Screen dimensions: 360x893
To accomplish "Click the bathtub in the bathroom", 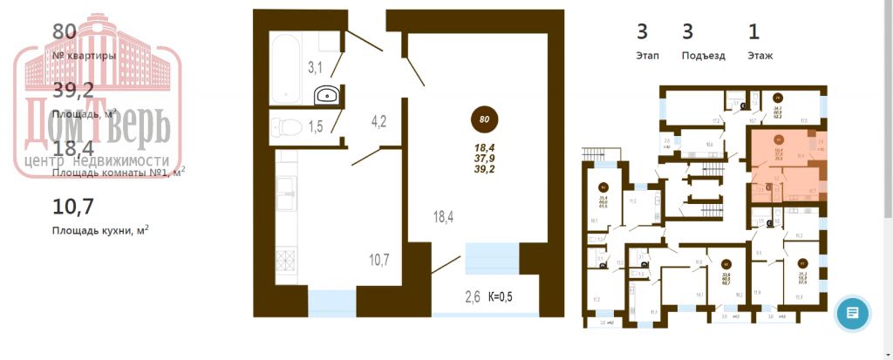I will pos(285,68).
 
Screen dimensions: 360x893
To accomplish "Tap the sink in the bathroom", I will pos(328,96).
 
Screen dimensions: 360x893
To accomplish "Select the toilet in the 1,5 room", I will pos(284,126).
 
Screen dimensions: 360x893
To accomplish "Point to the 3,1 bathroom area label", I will pos(315,67).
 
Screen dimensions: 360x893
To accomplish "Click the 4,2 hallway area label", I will pos(378,121).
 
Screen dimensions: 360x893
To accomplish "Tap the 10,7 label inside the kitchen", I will pos(378,258).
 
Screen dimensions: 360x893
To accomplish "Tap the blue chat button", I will pos(852,313).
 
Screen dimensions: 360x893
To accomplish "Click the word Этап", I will pos(647,55).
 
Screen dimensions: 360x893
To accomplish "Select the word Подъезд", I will pos(703,55).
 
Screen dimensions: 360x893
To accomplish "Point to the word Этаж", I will pos(760,55).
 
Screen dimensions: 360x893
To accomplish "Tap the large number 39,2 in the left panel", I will pos(73,90).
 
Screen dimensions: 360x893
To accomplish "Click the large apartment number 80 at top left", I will pos(65,32).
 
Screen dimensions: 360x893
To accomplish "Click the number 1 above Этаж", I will pos(753,32).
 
